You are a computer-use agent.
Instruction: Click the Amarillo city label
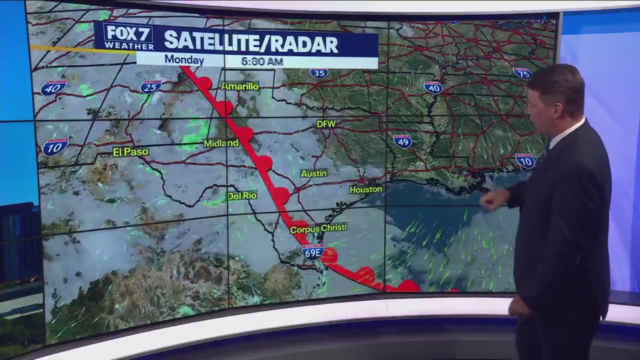240,86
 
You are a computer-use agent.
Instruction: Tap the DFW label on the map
326,123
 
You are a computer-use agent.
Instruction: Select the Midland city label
221,143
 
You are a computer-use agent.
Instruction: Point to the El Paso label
130,152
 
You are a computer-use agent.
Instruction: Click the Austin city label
313,173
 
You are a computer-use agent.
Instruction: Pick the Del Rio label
242,196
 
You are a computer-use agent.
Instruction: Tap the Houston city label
365,189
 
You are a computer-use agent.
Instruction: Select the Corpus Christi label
318,228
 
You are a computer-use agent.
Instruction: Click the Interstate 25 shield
150,87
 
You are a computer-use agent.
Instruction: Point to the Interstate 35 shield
318,73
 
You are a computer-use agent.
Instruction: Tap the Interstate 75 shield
522,73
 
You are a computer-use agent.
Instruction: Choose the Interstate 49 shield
402,141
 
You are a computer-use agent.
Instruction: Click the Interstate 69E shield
312,251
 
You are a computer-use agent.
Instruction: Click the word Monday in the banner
184,59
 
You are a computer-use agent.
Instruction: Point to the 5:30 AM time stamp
261,61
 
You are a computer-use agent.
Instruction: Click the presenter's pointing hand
492,200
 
